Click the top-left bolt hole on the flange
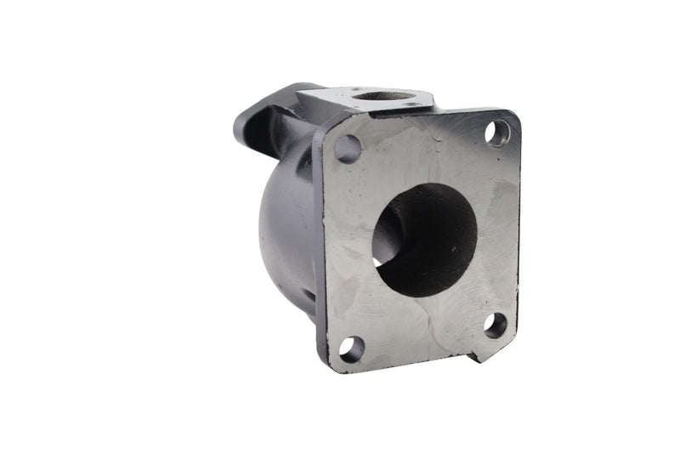(x=348, y=149)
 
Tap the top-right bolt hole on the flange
(x=497, y=132)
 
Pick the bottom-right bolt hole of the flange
(x=496, y=324)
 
